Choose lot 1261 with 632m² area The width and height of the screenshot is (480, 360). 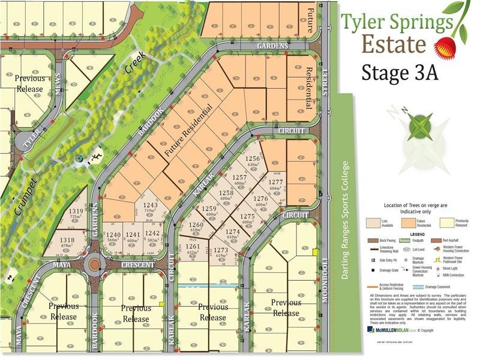point(193,250)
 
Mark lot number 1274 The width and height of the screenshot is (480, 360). point(233,234)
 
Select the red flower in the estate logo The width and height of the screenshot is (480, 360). point(444,46)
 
